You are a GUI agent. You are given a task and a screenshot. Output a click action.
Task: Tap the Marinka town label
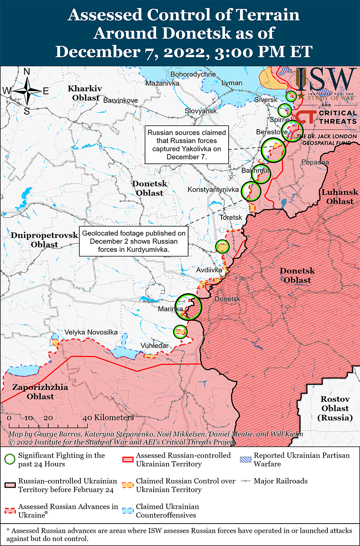point(170,309)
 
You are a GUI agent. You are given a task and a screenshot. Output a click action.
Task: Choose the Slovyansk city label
point(200,111)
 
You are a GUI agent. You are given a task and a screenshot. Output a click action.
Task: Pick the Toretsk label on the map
point(231,218)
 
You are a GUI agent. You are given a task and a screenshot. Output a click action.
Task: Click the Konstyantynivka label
point(213,190)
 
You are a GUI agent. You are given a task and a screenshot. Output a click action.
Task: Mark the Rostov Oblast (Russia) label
point(335,408)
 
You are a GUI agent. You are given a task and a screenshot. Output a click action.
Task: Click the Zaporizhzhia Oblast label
point(33,392)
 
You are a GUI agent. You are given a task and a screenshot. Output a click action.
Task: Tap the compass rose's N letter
point(26,72)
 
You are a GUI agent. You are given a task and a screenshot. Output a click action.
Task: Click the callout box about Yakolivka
point(187,145)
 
